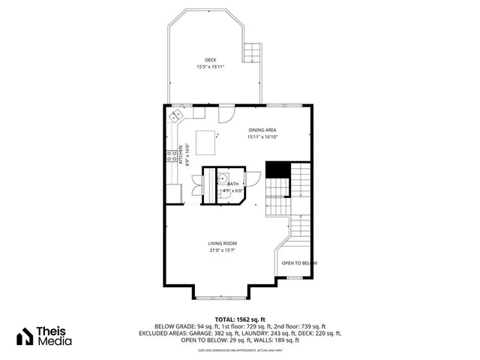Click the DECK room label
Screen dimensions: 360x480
[x=211, y=60]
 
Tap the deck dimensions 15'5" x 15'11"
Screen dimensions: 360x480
[x=211, y=67]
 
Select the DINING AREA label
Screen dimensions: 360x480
[x=262, y=130]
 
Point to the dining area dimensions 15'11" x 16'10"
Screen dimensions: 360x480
[x=262, y=137]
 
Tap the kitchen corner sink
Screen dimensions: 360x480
[x=176, y=116]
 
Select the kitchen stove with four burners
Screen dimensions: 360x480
[x=172, y=157]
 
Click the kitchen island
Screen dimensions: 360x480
[x=207, y=139]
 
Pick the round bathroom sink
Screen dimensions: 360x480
[x=223, y=177]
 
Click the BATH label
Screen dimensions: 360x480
[x=232, y=184]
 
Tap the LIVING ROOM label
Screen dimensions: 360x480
[x=223, y=243]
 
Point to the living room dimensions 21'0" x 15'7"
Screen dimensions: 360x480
[x=223, y=250]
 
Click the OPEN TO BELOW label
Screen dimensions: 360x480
[x=299, y=263]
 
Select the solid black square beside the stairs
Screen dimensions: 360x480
[x=277, y=169]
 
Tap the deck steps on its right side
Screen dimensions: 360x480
[x=253, y=52]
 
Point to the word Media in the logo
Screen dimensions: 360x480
[x=56, y=342]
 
